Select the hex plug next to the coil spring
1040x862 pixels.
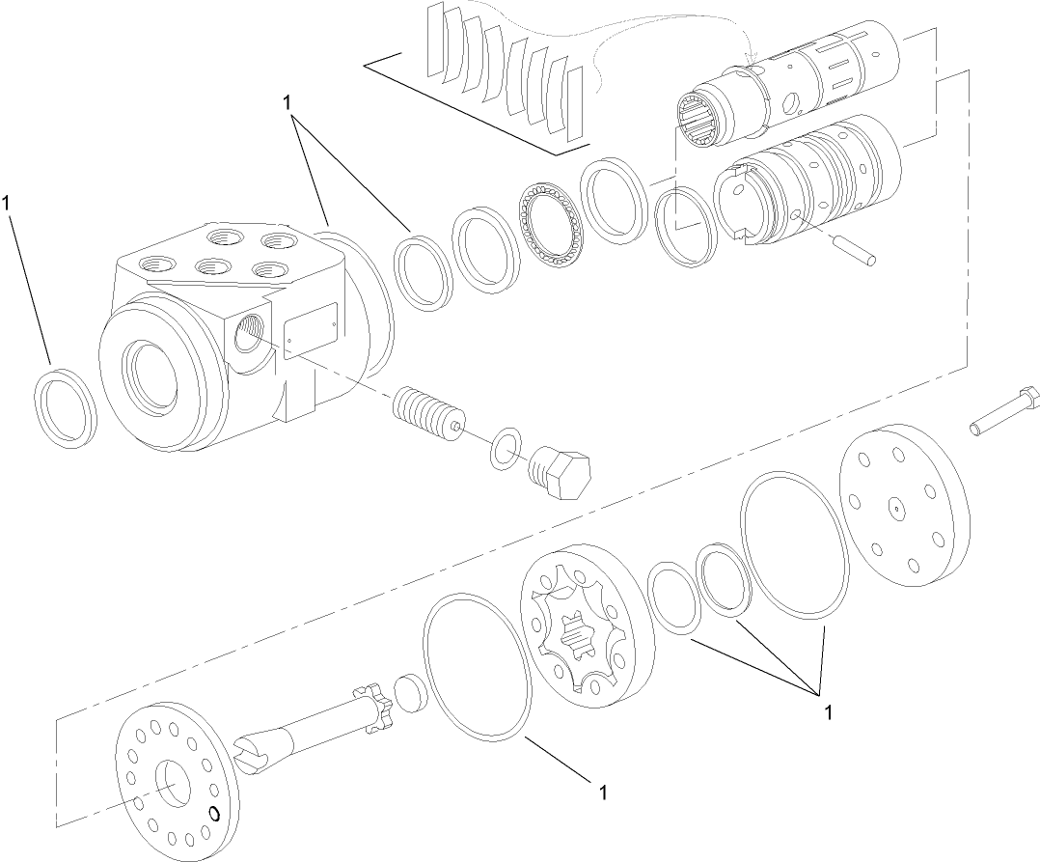(x=561, y=472)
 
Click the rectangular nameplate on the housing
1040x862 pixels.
(x=310, y=330)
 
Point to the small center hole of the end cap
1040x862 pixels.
(x=897, y=503)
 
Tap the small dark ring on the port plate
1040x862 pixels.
(x=215, y=814)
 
